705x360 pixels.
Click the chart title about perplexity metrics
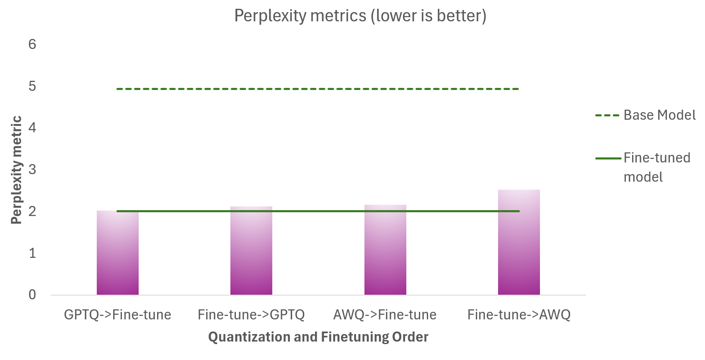click(360, 16)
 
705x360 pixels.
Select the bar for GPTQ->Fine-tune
click(118, 255)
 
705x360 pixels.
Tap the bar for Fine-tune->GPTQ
click(251, 253)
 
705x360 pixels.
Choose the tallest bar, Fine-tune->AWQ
click(519, 243)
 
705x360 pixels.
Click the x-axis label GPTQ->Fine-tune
click(118, 315)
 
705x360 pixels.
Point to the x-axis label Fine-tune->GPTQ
click(251, 315)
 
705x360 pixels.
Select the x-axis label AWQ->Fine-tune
click(385, 315)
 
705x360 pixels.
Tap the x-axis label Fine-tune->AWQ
click(519, 315)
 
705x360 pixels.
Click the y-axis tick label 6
click(32, 44)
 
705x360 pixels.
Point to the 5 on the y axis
click(32, 86)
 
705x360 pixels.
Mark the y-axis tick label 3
click(32, 170)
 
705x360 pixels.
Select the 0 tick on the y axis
click(32, 295)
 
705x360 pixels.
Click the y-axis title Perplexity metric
click(16, 170)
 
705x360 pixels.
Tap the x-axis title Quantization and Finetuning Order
click(318, 337)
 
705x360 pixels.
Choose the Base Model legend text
click(659, 115)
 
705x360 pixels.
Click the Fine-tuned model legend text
click(657, 167)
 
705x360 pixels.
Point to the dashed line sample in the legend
click(607, 116)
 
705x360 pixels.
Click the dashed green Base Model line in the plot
click(318, 89)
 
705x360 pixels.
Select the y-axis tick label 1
click(32, 253)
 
